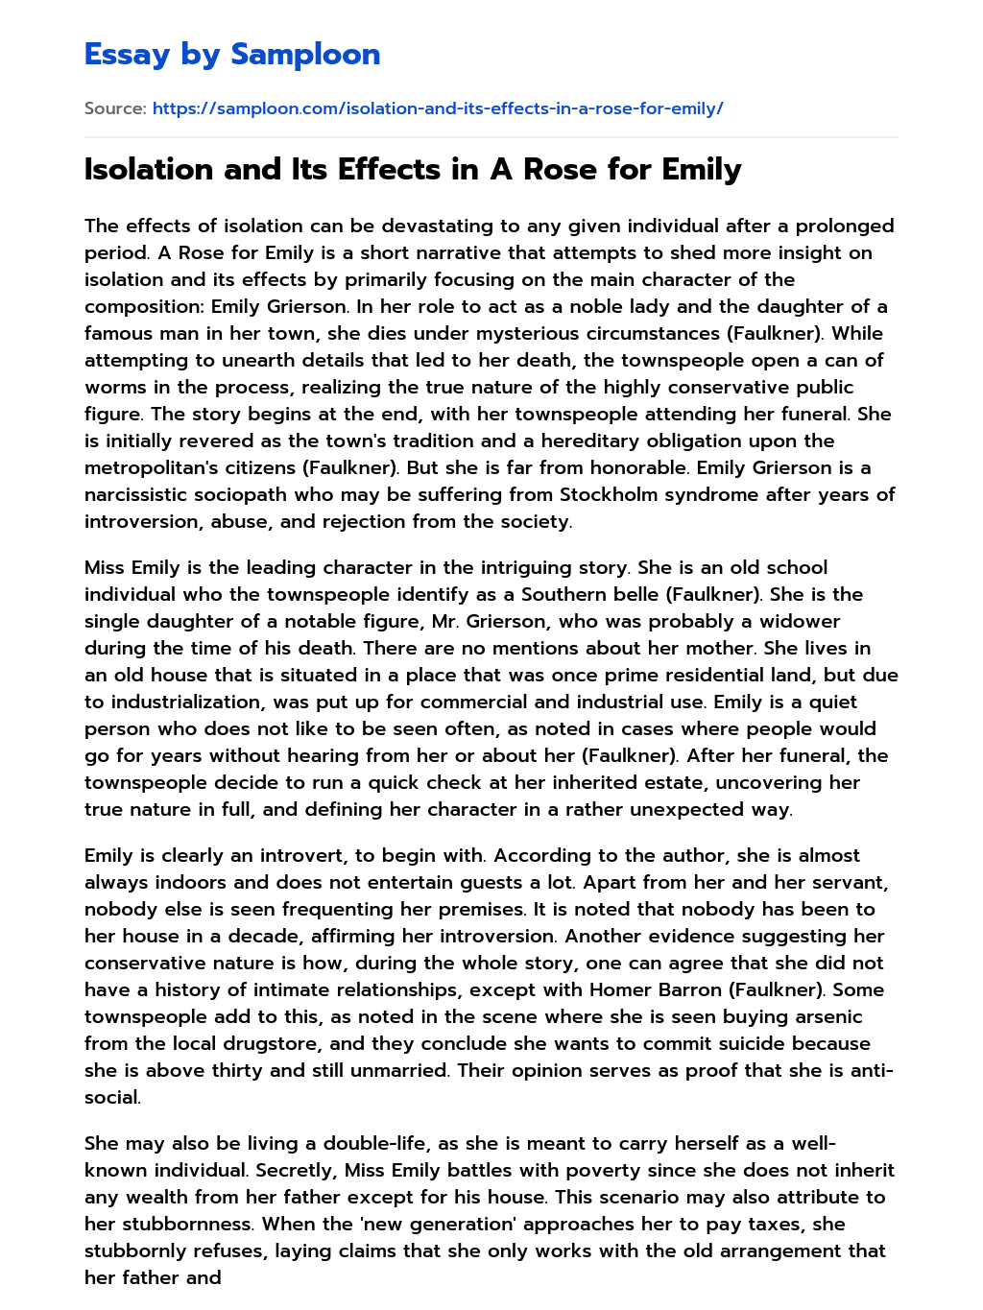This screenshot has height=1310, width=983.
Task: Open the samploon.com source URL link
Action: pyautogui.click(x=438, y=108)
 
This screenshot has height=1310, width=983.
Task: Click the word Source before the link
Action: pyautogui.click(x=114, y=108)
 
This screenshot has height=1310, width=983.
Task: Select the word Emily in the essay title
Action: pyautogui.click(x=700, y=170)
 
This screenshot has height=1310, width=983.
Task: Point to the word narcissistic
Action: pyautogui.click(x=139, y=494)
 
